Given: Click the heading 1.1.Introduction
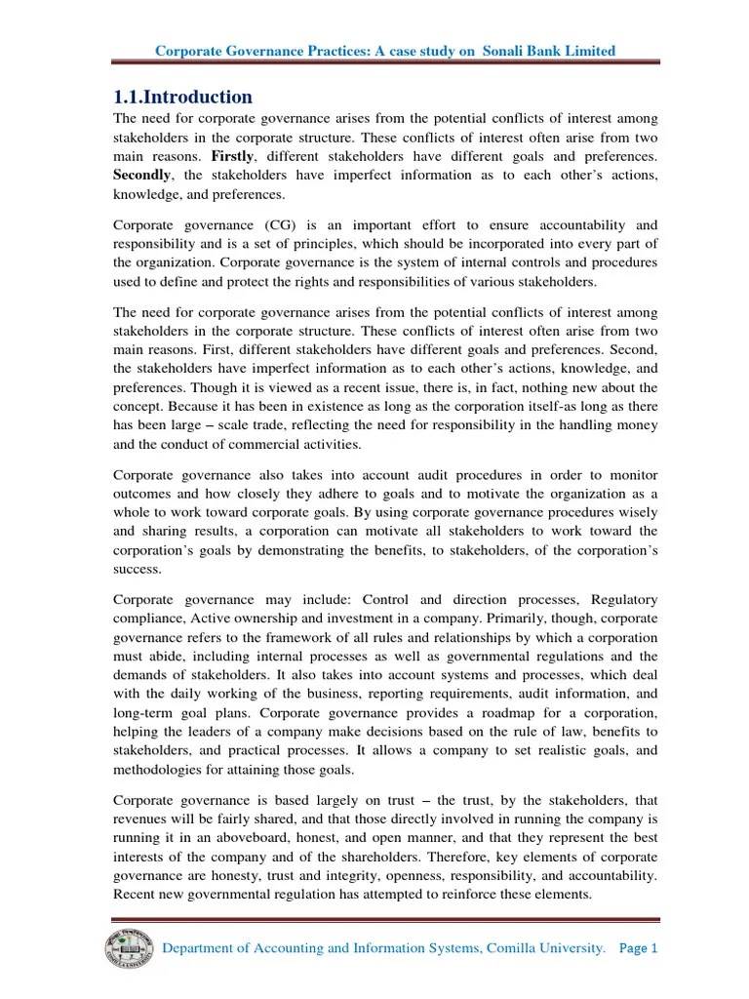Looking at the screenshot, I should click(183, 97).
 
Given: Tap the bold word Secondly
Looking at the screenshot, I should click(145, 175).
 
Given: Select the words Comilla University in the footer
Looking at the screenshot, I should click(540, 948).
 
